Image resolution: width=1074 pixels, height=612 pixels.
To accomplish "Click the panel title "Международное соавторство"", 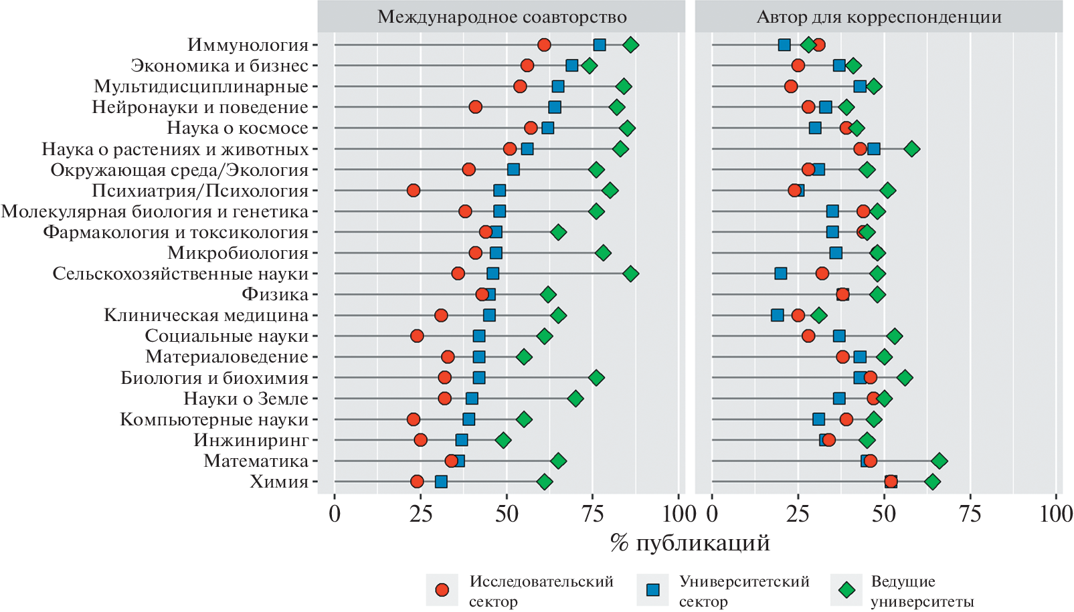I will tap(502, 17).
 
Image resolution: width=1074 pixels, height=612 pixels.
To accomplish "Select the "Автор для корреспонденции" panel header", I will tap(879, 17).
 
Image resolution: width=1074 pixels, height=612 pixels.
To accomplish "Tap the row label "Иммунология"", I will tap(248, 45).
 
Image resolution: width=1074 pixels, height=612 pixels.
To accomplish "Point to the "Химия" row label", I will tap(279, 482).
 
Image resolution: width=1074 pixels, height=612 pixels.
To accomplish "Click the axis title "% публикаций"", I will tap(690, 542).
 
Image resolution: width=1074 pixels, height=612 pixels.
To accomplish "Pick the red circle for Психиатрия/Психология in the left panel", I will tap(414, 191).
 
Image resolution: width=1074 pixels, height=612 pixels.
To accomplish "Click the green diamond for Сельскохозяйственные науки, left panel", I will tap(630, 274).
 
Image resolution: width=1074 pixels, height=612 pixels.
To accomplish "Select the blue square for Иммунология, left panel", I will tap(600, 45).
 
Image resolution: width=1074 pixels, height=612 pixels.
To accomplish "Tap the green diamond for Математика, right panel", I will tap(939, 461).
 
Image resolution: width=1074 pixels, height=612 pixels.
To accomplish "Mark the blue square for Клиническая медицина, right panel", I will tap(777, 315).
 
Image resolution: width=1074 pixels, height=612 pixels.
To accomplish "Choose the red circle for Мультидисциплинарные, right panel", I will tap(791, 86).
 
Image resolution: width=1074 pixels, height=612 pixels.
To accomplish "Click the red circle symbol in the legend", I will tap(442, 590).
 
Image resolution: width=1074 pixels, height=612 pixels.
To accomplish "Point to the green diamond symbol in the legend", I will tap(847, 590).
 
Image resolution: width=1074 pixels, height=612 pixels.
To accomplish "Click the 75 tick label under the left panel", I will tap(593, 514).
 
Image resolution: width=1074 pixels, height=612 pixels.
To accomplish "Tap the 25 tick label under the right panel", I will tap(798, 514).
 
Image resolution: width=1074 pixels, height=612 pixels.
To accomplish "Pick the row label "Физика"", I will tap(275, 294).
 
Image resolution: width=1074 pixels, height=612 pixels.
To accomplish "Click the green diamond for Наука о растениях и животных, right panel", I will tap(911, 148).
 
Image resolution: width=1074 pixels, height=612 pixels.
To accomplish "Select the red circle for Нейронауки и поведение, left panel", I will tap(476, 107).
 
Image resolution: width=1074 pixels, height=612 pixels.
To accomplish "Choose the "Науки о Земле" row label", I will tap(246, 399).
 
